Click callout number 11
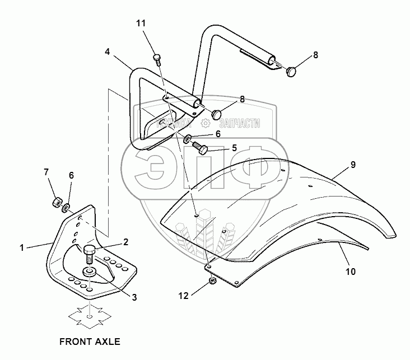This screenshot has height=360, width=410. coord(141,24)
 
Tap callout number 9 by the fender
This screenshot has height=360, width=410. coord(353,165)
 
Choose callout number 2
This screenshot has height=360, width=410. coord(126,242)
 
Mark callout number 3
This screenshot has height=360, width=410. coord(134,297)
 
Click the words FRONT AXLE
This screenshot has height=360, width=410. coord(90,340)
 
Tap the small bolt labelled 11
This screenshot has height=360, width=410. coord(157,57)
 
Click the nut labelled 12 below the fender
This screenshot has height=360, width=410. coord(212,280)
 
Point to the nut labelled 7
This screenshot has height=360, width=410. coord(57,202)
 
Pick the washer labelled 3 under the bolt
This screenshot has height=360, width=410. coord(89,273)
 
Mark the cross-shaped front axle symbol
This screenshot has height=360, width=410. coord(90,317)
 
